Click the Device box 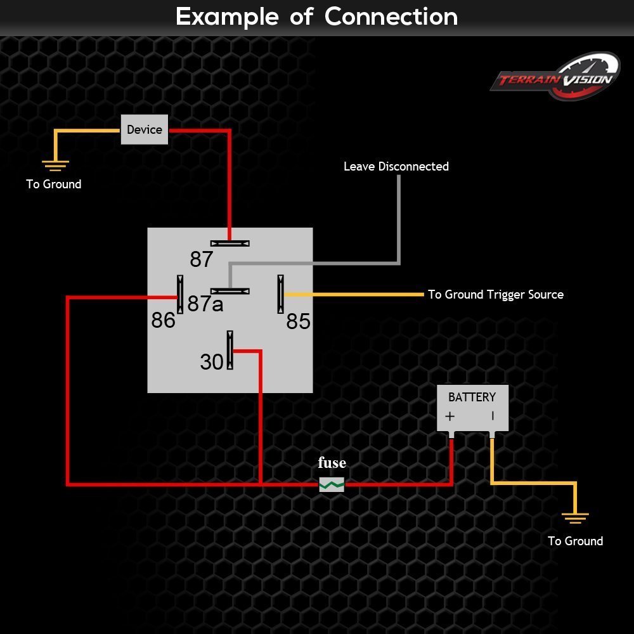point(145,129)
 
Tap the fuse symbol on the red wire point(332,484)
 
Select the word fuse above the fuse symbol point(332,462)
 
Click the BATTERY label point(472,397)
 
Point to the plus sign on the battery point(450,416)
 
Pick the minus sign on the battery point(493,416)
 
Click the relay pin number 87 point(202,259)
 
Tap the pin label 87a point(205,304)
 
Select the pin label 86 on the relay point(164,320)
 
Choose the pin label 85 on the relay point(299,322)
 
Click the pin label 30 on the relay point(212,362)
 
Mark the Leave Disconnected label point(396,167)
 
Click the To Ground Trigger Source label point(496,295)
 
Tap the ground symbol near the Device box point(55,165)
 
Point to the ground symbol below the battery point(576,518)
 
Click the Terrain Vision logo point(555,77)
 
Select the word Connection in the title point(391,17)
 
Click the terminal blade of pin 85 point(281,294)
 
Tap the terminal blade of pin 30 point(230,350)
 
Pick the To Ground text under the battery point(576,541)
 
